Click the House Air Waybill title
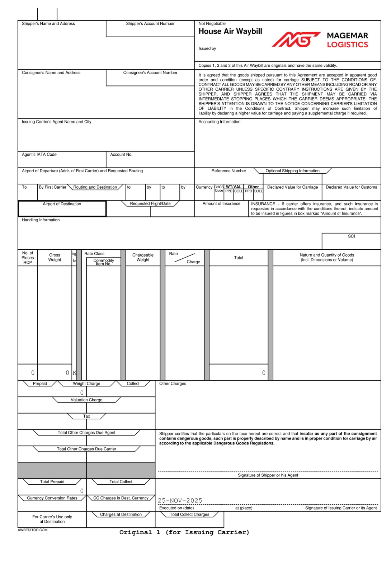tap(230, 32)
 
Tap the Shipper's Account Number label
tap(150, 24)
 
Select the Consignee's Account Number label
tap(150, 73)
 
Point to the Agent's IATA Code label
tap(39, 155)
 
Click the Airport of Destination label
tap(62, 204)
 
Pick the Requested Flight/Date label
tap(150, 204)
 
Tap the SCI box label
tap(351, 236)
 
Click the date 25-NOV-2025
tap(180, 500)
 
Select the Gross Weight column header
tap(55, 258)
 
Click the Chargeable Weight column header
tap(143, 258)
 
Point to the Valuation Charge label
tap(86, 400)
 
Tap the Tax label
tap(86, 417)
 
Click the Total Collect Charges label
tap(189, 514)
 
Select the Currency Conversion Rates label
tap(52, 498)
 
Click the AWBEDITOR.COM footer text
tap(33, 530)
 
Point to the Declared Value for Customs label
tap(351, 187)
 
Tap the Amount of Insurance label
tap(221, 204)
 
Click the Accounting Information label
tap(220, 122)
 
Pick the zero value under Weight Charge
tap(82, 393)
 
